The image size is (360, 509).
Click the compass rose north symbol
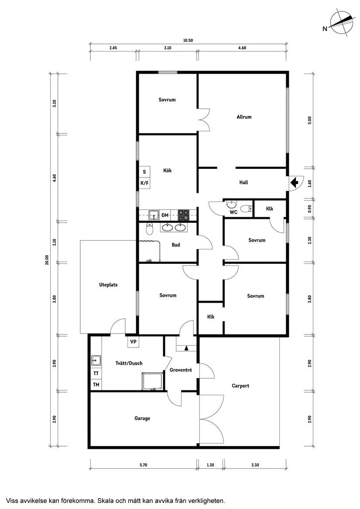pos(341,22)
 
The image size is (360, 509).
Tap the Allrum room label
pos(244,117)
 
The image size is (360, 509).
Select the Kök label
pos(167,171)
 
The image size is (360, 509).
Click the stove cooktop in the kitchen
pos(184,215)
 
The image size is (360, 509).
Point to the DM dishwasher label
pos(165,215)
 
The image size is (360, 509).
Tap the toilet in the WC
pos(247,209)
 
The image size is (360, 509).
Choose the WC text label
pos(233,212)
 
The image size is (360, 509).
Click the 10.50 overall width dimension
pos(188,41)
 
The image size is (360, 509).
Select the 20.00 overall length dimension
pos(47,260)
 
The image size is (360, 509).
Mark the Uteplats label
pos(109,285)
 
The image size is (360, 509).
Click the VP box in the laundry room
pos(133,342)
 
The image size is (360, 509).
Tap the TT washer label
pos(96,374)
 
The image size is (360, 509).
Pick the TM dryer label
pos(96,385)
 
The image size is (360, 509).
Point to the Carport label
pos(240,386)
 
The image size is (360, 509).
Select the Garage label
pos(142,418)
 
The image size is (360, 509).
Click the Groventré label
pos(181,370)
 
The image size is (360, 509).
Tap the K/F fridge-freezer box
pos(144,183)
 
